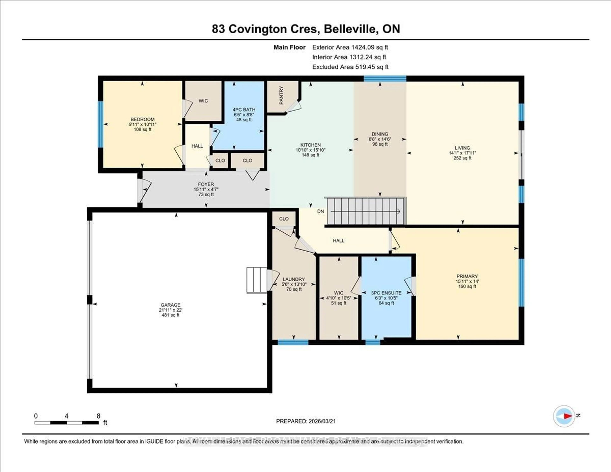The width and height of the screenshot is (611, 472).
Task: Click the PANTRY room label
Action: click(x=281, y=95)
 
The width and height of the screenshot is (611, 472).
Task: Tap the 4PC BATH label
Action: click(x=244, y=110)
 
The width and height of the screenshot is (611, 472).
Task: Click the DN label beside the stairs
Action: click(x=321, y=211)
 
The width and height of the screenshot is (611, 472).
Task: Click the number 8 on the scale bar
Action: click(x=98, y=416)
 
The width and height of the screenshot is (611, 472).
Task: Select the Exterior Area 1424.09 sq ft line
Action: click(x=350, y=47)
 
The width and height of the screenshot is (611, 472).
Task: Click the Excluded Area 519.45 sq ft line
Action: click(x=350, y=67)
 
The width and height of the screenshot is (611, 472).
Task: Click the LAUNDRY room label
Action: click(x=294, y=279)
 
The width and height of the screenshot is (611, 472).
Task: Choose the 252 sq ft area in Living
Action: click(x=462, y=158)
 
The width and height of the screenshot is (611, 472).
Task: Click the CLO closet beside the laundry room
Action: click(x=284, y=219)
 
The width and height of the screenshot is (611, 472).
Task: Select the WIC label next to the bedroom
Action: click(x=203, y=101)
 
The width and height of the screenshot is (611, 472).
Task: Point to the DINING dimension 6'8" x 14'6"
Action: click(x=380, y=139)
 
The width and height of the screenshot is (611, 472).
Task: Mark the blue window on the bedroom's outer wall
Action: click(x=100, y=124)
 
